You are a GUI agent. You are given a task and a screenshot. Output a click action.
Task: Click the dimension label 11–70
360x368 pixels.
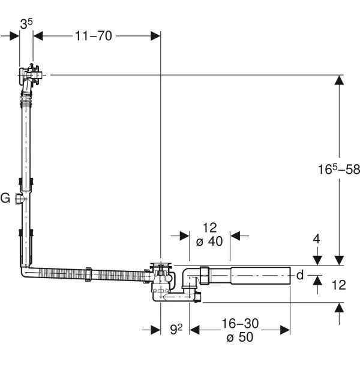[x=95, y=35]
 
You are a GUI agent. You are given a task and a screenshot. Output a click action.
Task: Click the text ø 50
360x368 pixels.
[x=239, y=337]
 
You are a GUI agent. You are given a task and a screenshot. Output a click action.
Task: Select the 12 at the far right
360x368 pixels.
[x=339, y=285]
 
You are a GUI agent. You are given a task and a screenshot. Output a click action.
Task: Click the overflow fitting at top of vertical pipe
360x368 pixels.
[x=29, y=77]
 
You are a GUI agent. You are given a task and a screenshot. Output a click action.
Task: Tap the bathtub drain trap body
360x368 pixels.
[x=162, y=279]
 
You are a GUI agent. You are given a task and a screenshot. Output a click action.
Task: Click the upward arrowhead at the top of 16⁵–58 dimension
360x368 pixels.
[x=340, y=80]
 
